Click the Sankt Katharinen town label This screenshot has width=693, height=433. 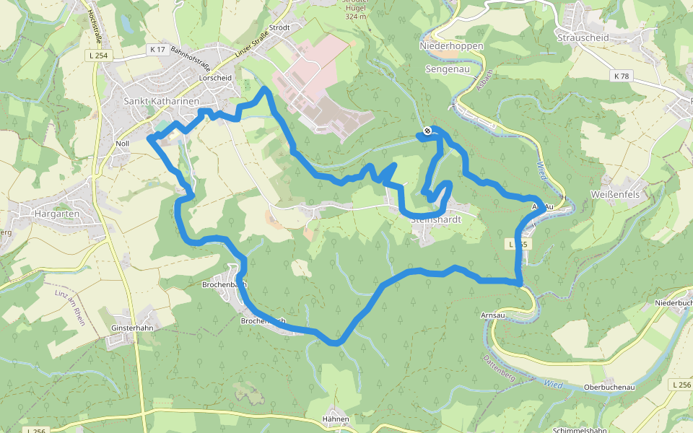point(161,102)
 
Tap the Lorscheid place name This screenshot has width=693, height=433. point(215,77)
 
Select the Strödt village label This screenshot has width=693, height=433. point(279,27)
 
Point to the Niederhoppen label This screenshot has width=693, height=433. point(451,45)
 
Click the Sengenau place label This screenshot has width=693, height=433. point(448,69)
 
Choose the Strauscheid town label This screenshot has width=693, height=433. point(583,38)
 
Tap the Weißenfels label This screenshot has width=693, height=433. point(615,194)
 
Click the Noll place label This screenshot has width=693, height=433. point(123,144)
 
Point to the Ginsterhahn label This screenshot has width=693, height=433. point(133,328)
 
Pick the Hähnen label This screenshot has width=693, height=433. point(336,419)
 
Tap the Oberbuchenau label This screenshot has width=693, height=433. point(609,388)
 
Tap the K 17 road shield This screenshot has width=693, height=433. point(158,49)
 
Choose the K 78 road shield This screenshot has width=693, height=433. point(622,76)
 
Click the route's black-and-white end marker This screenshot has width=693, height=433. point(427,131)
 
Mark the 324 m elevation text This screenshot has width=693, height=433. point(356,16)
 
